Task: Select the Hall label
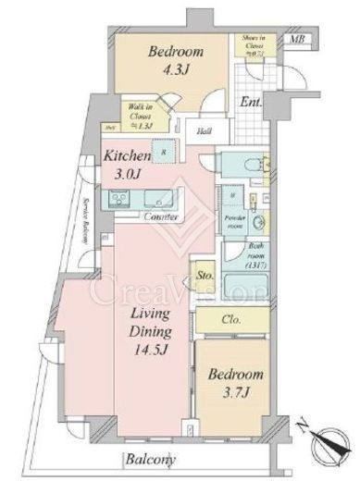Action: (x=205, y=131)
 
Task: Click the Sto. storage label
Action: (x=205, y=275)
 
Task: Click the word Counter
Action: (x=162, y=218)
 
